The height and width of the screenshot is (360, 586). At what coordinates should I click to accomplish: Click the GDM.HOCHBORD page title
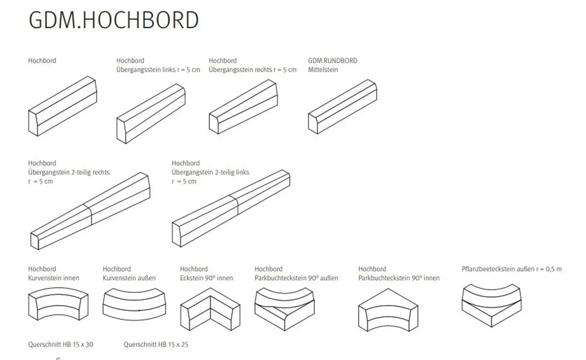(114, 20)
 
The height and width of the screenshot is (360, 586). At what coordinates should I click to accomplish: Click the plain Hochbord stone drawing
(63, 106)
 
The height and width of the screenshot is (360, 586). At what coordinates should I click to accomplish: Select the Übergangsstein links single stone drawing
(151, 114)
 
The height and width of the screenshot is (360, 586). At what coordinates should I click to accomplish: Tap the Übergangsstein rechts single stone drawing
(243, 107)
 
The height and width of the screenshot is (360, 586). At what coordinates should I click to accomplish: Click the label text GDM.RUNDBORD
(332, 60)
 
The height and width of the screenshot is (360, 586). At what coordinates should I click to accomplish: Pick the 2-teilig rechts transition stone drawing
(90, 211)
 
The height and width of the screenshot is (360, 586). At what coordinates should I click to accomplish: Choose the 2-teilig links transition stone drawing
(231, 208)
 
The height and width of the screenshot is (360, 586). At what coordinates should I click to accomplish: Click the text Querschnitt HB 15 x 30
(61, 344)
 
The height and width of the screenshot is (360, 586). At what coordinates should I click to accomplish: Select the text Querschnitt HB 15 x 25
(156, 344)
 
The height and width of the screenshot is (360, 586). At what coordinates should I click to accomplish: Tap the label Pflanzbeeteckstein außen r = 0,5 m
(512, 269)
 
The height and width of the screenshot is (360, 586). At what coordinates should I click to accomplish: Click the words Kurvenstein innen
(53, 278)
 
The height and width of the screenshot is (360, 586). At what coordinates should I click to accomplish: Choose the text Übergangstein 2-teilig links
(210, 172)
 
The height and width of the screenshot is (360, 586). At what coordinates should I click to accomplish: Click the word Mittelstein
(323, 69)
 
